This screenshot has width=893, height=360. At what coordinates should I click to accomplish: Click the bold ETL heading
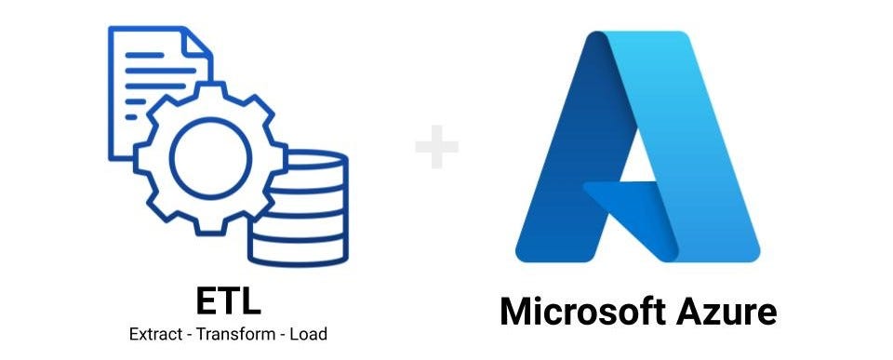click(228, 300)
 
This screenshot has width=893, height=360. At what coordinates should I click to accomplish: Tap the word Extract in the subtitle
click(154, 333)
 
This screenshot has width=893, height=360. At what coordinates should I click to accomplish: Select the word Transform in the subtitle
click(228, 333)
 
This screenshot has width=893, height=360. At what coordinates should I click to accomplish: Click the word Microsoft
click(577, 312)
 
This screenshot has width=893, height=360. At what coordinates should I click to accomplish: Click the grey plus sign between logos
click(436, 150)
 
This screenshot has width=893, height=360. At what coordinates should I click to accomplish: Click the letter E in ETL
click(206, 300)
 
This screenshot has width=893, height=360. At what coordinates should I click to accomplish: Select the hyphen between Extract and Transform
click(184, 334)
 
